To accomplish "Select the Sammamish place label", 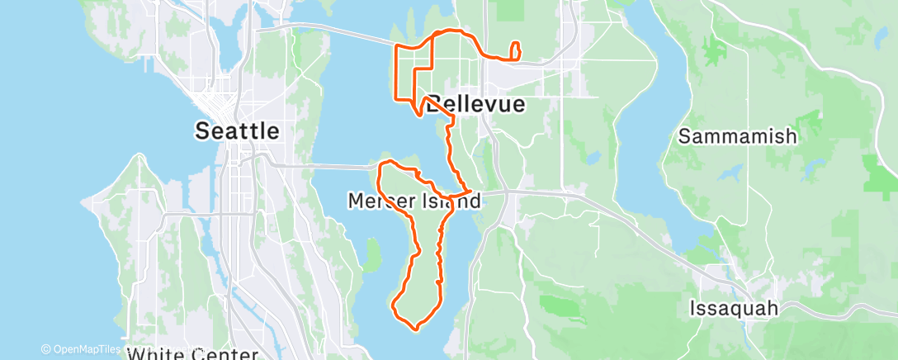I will click(x=738, y=136).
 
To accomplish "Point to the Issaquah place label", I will click(x=734, y=309).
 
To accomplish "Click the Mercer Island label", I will click(x=414, y=201).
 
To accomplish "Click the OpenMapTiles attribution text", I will click(x=87, y=349).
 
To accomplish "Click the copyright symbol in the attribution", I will click(x=45, y=349).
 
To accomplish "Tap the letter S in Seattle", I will click(x=201, y=130).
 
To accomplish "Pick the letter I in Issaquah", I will click(x=692, y=309).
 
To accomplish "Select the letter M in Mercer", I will click(x=356, y=201).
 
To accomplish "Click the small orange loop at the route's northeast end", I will click(x=517, y=51).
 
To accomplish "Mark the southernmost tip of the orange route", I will click(x=415, y=329).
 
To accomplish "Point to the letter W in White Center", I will click(x=135, y=354).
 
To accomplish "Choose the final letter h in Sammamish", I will click(x=791, y=136).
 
